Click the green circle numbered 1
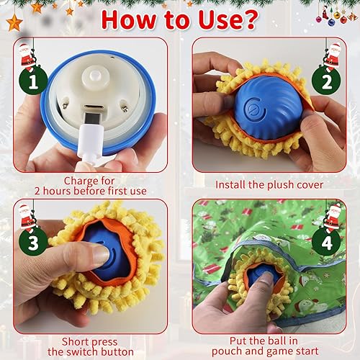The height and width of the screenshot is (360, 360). coord(29,81)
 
